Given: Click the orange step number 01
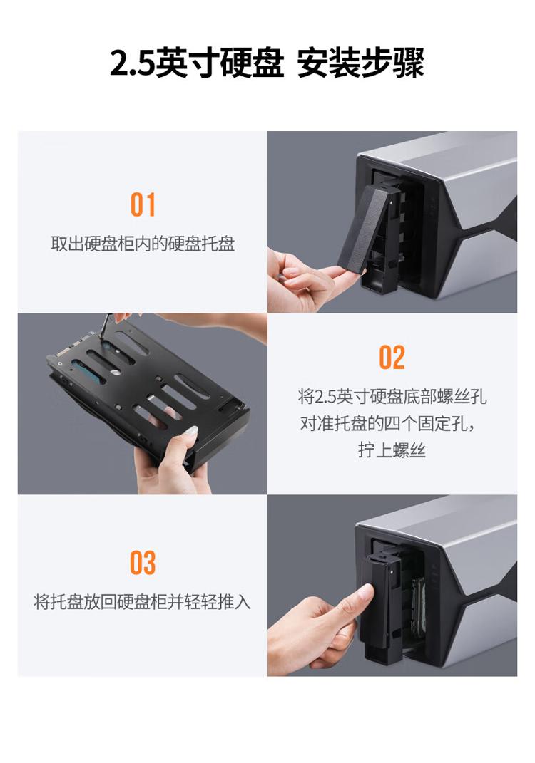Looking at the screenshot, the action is (x=143, y=205).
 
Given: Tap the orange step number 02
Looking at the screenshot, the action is (x=392, y=358).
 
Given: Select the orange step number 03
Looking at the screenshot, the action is (x=143, y=563).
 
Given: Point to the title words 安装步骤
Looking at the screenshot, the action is (x=360, y=63).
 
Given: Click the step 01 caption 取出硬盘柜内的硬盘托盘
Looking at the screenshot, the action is (x=143, y=244).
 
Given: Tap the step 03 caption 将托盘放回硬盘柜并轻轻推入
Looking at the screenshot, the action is (x=142, y=602).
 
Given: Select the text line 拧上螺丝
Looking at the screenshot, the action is (x=392, y=450).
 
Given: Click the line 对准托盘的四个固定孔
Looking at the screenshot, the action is (x=387, y=423).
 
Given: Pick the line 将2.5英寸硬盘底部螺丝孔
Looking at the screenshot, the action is (x=392, y=397).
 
